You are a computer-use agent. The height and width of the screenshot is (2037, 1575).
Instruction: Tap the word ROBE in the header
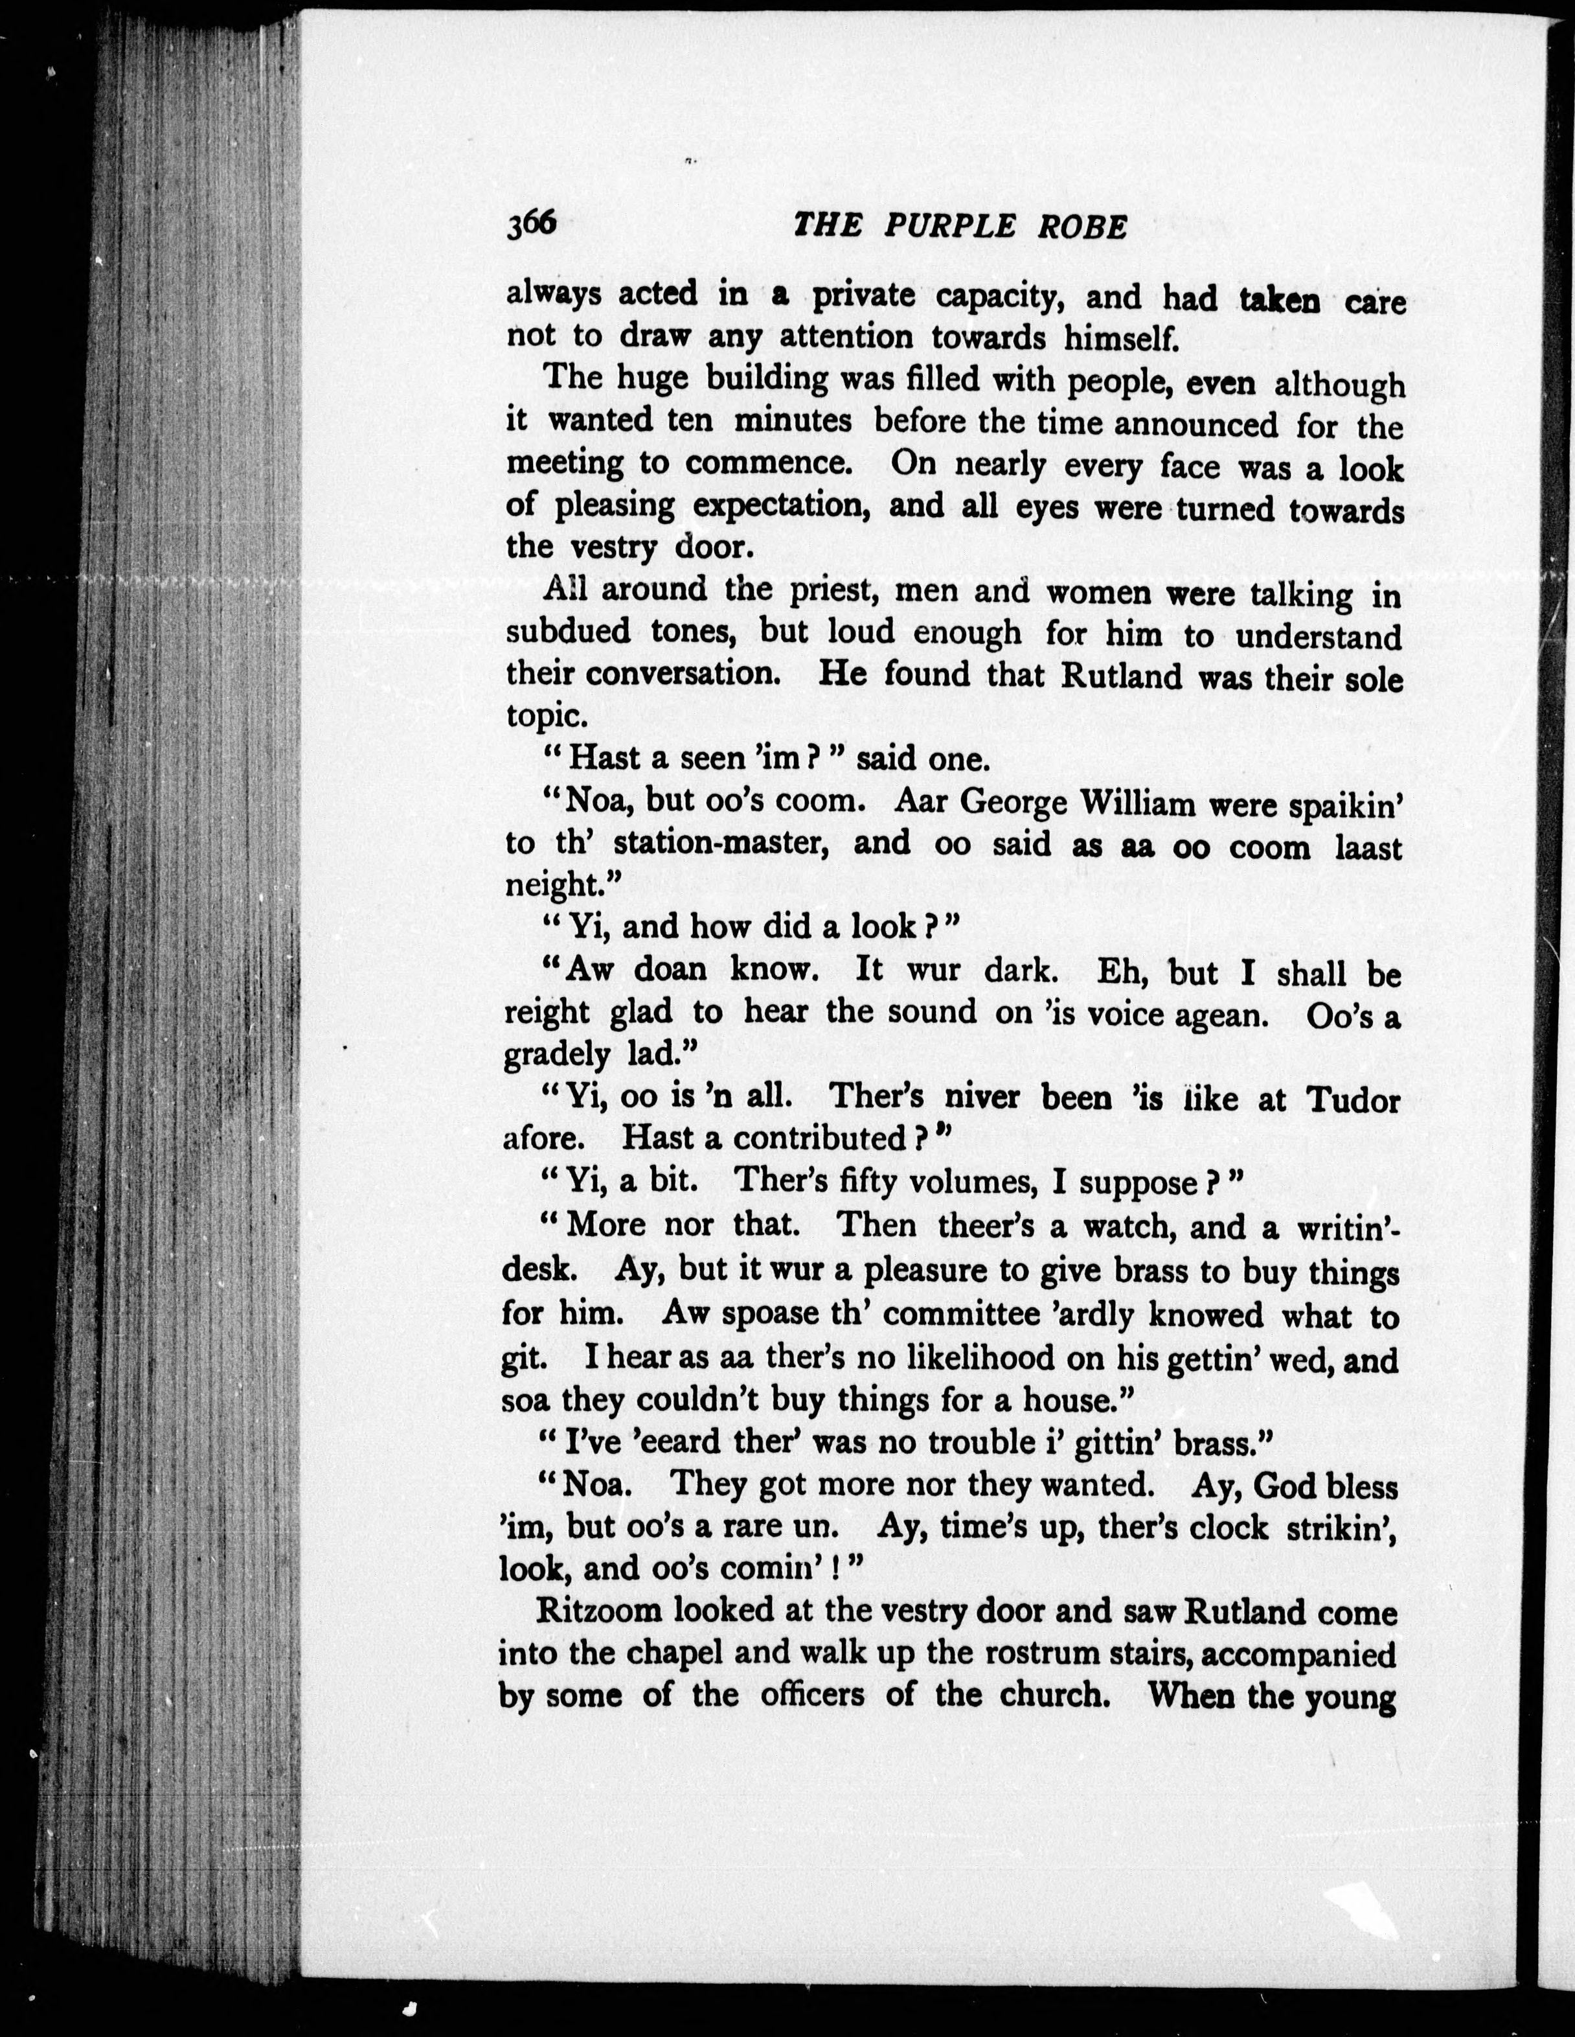[x=1085, y=227]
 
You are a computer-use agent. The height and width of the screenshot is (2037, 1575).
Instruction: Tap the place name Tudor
[x=1350, y=1101]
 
